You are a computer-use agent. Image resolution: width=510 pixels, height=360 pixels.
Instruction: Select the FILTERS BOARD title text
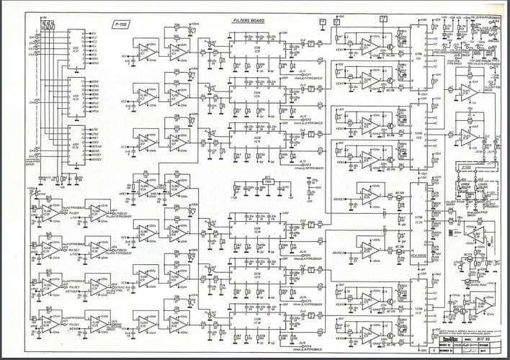point(248,22)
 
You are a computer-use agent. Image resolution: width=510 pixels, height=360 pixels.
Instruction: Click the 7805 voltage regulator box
point(267,181)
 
